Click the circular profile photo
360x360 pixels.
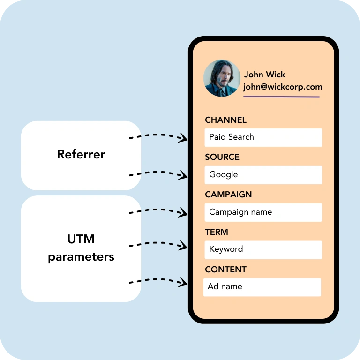(x=222, y=78)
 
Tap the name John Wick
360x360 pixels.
(x=264, y=75)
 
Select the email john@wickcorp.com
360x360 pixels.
(x=283, y=87)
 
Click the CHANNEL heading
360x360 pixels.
(x=225, y=120)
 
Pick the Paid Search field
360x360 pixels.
(x=263, y=137)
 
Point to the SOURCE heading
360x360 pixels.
(x=222, y=157)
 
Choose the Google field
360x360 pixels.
(x=263, y=175)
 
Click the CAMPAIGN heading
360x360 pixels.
(x=228, y=195)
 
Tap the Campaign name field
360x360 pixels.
(x=263, y=212)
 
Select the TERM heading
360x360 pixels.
(x=217, y=232)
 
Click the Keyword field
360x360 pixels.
(x=263, y=249)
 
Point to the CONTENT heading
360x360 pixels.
(x=225, y=270)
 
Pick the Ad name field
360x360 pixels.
(x=262, y=287)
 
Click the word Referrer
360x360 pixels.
(x=81, y=154)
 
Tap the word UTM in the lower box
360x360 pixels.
(x=81, y=239)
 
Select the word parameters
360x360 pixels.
(x=81, y=257)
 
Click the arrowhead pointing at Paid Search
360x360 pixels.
(x=184, y=138)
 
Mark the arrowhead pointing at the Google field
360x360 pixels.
(x=184, y=176)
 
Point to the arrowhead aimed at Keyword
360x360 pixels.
(x=184, y=246)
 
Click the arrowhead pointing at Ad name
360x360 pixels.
(x=184, y=283)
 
